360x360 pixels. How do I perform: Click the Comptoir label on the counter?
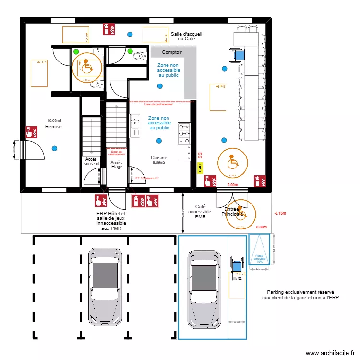coord(171,52)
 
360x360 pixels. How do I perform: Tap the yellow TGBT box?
coord(200,168)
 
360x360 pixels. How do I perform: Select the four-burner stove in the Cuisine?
coord(184,134)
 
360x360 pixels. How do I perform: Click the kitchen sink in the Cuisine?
coord(135,126)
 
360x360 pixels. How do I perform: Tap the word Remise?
coord(53,126)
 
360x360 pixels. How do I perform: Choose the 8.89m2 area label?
coord(159,163)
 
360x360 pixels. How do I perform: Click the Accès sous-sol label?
coord(91,161)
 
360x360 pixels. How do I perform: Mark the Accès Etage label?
coord(116,164)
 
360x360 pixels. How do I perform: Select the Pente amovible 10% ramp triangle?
coord(259,250)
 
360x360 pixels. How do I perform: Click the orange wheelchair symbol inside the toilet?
coord(86,66)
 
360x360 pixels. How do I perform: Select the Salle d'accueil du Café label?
coord(186,36)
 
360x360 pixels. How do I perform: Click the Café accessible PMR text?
coord(197,211)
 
